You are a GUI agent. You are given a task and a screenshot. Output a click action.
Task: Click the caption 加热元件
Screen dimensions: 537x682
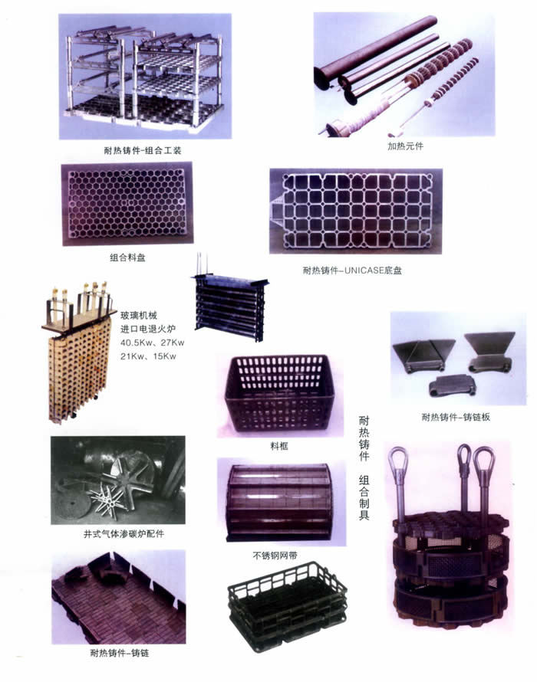pos(405,146)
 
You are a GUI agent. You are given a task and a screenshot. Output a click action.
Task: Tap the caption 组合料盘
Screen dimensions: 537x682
pos(127,257)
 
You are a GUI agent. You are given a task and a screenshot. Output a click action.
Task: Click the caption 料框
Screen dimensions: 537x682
pos(278,446)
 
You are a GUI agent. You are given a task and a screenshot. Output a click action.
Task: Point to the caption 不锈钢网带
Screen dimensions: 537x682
pos(275,556)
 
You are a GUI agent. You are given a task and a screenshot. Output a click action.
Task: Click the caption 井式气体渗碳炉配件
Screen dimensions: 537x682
pos(124,533)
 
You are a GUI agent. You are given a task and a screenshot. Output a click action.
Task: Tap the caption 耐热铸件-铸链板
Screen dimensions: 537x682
pos(456,417)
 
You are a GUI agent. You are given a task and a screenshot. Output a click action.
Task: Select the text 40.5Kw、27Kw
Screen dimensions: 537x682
pos(152,343)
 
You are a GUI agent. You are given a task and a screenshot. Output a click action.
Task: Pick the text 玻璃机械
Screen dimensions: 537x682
pos(139,316)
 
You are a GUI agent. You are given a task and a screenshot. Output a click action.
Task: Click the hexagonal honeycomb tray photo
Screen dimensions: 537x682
pos(127,204)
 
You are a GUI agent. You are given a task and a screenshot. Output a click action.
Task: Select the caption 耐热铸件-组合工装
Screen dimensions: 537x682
pos(143,151)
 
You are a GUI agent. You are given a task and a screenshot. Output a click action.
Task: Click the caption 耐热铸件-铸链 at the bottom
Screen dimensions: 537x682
pos(120,653)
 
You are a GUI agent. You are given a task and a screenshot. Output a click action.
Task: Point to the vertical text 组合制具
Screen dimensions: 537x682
pos(364,497)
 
